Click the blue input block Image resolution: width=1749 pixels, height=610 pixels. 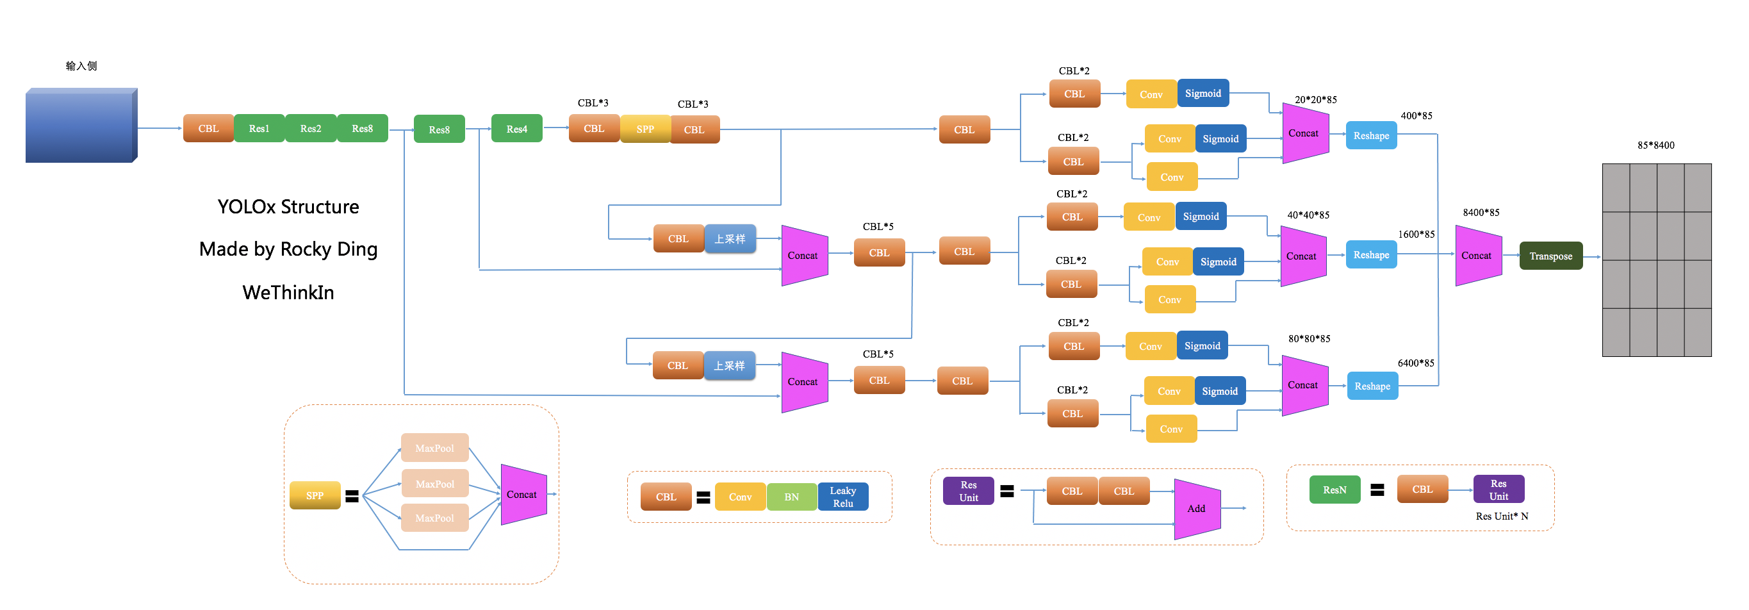(81, 125)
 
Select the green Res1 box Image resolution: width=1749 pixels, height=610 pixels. (259, 128)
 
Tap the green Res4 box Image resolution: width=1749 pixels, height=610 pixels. (516, 129)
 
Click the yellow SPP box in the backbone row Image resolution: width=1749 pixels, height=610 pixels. (645, 129)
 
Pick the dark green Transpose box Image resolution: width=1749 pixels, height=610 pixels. (1551, 256)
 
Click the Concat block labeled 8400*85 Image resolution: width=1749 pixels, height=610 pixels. (1478, 256)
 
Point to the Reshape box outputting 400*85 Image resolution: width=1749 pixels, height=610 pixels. (1371, 136)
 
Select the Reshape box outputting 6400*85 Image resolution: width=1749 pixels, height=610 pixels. (1372, 386)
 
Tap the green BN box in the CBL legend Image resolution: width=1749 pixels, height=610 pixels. (792, 497)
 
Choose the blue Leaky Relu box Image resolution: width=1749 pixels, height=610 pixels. (843, 497)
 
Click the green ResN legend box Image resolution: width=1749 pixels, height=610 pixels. (1335, 490)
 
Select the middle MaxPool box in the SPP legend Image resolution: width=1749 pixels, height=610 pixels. (434, 484)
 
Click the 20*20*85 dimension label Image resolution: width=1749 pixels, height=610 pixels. (1316, 100)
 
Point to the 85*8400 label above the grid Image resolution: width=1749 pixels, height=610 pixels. (1656, 145)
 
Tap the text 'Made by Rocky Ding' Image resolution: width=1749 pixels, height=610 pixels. (288, 249)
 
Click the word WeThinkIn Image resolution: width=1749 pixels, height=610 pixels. (288, 293)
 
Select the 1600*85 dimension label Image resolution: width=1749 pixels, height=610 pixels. (1416, 235)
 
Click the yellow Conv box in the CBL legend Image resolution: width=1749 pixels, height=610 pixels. (740, 497)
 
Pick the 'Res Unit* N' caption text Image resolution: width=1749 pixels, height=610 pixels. (1502, 516)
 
